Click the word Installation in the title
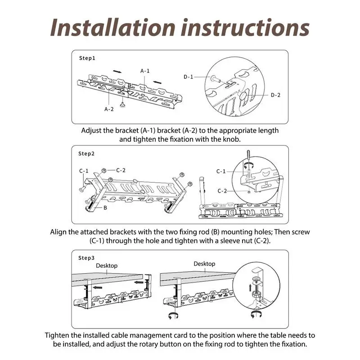click(x=113, y=27)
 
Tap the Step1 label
click(x=87, y=58)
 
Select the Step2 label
click(x=86, y=153)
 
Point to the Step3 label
click(x=86, y=258)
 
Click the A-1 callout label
click(x=145, y=71)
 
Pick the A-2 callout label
click(x=109, y=109)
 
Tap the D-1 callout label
click(x=188, y=77)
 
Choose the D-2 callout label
click(x=275, y=95)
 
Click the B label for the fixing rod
click(x=105, y=208)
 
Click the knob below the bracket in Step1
click(x=123, y=104)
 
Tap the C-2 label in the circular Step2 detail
click(x=222, y=191)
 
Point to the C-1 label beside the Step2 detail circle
click(x=221, y=171)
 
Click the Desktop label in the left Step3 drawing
click(x=107, y=265)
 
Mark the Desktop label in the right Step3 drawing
click(x=204, y=264)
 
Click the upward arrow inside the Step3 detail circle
click(x=250, y=288)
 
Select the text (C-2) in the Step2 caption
click(x=262, y=241)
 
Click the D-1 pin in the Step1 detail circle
click(x=216, y=79)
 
